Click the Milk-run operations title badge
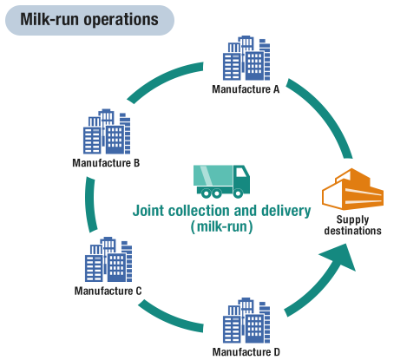[x=89, y=20]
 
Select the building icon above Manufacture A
[x=246, y=58]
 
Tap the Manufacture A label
[x=246, y=89]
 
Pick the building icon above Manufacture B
[x=107, y=132]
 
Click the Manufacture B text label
[x=106, y=163]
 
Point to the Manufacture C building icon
[x=108, y=259]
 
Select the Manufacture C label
[x=108, y=291]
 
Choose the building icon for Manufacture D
[x=246, y=320]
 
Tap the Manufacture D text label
[x=246, y=352]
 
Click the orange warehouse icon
[x=352, y=189]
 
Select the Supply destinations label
[x=352, y=226]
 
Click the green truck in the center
[x=221, y=181]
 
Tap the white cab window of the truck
[x=241, y=172]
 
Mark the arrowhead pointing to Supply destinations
[x=341, y=257]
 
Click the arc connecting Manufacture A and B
[x=162, y=79]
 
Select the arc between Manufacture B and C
[x=90, y=205]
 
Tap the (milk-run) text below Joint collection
[x=221, y=226]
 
